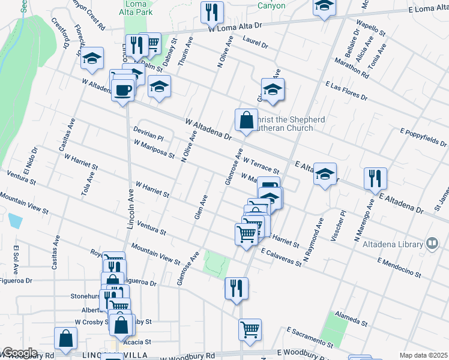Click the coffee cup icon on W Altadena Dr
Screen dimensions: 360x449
pyautogui.click(x=123, y=91)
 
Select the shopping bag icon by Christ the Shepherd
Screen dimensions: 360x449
pyautogui.click(x=246, y=119)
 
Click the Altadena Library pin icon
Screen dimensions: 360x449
pyautogui.click(x=431, y=242)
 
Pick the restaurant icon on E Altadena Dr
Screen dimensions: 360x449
pyautogui.click(x=375, y=178)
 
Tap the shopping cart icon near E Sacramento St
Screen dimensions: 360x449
pyautogui.click(x=250, y=329)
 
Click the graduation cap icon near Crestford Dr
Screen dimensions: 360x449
pyautogui.click(x=92, y=58)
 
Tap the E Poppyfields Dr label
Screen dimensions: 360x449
pyautogui.click(x=423, y=137)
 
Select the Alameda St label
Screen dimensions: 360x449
pyautogui.click(x=352, y=317)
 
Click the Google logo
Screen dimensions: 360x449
pyautogui.click(x=20, y=353)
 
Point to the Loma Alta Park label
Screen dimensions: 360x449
pyautogui.click(x=140, y=7)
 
